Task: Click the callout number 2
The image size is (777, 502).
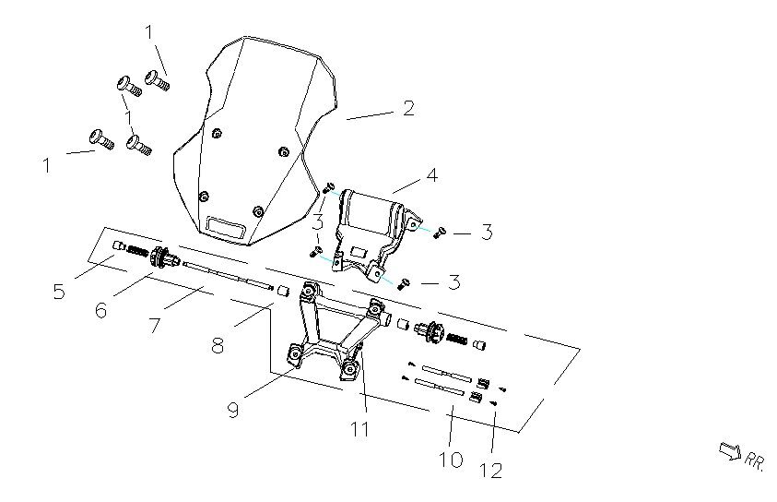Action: [x=407, y=108]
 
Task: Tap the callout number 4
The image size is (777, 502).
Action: [x=431, y=173]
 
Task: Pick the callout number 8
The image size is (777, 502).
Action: [x=218, y=346]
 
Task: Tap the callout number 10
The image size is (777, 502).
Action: [x=451, y=458]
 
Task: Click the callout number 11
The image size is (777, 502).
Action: [x=359, y=428]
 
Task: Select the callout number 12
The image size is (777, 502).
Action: [x=491, y=470]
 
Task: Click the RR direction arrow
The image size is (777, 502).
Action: [x=729, y=450]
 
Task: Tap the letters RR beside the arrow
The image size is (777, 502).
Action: [x=755, y=459]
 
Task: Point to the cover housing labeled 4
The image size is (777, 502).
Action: [x=373, y=221]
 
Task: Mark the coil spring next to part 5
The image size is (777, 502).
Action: [x=136, y=249]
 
